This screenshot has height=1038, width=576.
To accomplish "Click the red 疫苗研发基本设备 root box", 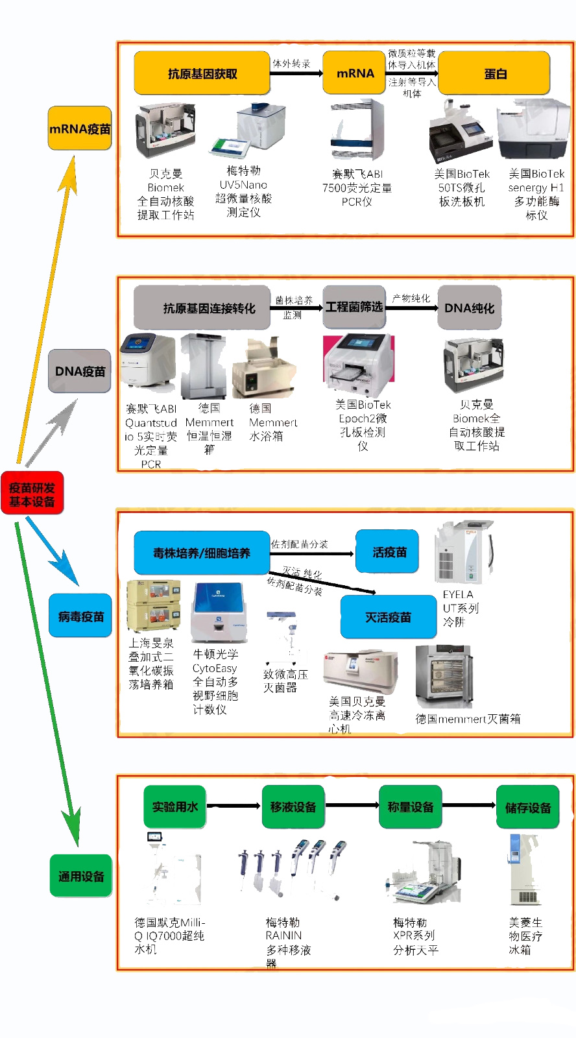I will point(32,494).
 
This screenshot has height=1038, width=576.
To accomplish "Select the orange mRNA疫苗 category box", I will point(80,128).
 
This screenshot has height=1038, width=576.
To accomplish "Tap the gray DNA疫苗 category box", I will point(80,371).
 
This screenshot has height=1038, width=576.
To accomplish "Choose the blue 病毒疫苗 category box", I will point(80,616).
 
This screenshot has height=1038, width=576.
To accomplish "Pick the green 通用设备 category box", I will point(81,876).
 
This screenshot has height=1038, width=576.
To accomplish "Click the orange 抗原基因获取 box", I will point(202,73).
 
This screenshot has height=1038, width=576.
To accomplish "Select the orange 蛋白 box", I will point(494,73).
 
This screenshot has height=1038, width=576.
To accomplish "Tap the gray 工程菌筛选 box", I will point(354,307).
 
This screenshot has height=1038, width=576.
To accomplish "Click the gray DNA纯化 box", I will point(469,308).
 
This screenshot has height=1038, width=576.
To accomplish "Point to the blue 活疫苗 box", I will point(388,552).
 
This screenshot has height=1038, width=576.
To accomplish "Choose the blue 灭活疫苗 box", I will point(388,617).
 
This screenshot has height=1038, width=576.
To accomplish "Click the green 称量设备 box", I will point(410,807).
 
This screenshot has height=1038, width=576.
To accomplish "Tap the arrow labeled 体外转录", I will point(296,73).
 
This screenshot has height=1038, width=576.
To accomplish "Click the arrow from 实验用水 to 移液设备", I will point(234,806).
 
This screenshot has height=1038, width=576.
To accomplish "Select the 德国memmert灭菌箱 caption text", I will point(468,719).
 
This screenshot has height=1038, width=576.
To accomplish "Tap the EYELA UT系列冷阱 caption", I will point(460,608).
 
